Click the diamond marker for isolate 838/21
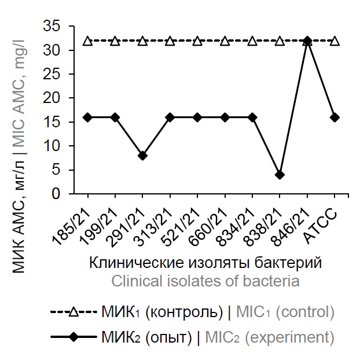280,175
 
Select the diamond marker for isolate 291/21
142,156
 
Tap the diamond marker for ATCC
335,117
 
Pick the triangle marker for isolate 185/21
87,41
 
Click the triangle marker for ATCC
335,41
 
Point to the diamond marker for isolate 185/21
87,117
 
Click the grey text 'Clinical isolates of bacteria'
205,282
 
